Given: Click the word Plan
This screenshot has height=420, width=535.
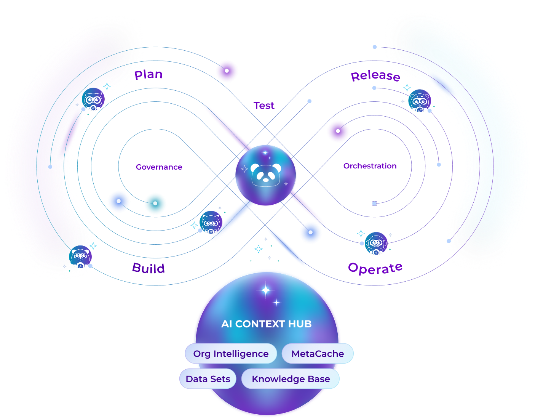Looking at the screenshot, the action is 149,74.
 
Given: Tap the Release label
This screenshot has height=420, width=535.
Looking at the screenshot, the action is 375,76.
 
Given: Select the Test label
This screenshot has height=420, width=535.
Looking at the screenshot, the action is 264,106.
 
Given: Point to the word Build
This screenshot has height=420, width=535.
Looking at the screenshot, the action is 149,268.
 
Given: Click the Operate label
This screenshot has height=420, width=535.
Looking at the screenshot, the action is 375,268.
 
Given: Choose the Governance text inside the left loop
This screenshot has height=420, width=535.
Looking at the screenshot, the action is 159,167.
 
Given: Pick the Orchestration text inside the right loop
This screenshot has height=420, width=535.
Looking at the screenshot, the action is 370,166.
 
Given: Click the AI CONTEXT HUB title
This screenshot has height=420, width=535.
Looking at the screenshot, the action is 267,324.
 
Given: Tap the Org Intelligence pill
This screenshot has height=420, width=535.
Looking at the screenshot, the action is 231,354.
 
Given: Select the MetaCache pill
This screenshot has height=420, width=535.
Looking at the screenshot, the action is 318,354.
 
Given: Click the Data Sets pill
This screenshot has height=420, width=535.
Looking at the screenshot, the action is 208,379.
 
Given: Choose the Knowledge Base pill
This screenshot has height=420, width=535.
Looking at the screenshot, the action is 291,379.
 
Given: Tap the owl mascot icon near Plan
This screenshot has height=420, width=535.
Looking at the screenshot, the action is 93,99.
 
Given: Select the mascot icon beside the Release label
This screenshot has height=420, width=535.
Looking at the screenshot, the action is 419,101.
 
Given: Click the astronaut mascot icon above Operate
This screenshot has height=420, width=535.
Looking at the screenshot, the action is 376,243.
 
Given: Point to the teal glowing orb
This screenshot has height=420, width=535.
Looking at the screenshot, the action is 155,204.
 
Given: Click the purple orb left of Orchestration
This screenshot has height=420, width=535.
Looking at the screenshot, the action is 338,131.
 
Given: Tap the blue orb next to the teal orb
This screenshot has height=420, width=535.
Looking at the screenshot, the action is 119,201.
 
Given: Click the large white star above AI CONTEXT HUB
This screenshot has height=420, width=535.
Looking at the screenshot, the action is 265,291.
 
